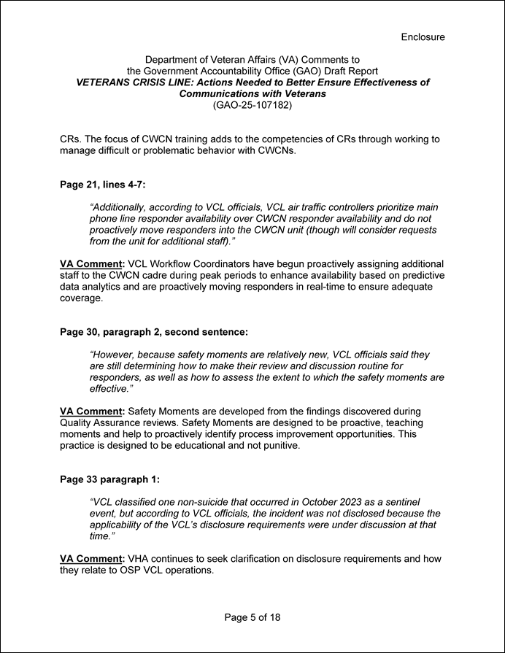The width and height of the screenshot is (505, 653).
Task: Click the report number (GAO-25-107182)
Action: pyautogui.click(x=252, y=106)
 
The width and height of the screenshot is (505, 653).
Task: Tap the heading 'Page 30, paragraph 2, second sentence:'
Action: pyautogui.click(x=154, y=332)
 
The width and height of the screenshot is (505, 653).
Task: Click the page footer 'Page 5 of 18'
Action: pyautogui.click(x=252, y=617)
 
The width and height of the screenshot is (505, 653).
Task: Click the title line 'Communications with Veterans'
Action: pyautogui.click(x=252, y=94)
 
